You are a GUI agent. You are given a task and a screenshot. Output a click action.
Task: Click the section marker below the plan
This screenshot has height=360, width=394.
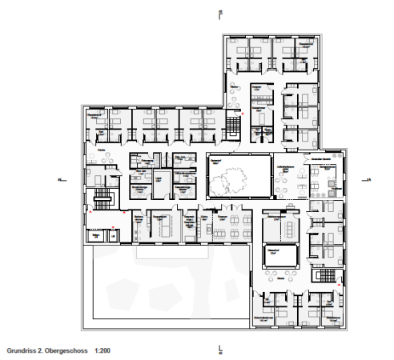219,350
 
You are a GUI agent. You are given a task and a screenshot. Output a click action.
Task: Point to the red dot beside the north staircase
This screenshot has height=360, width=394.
243,116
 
